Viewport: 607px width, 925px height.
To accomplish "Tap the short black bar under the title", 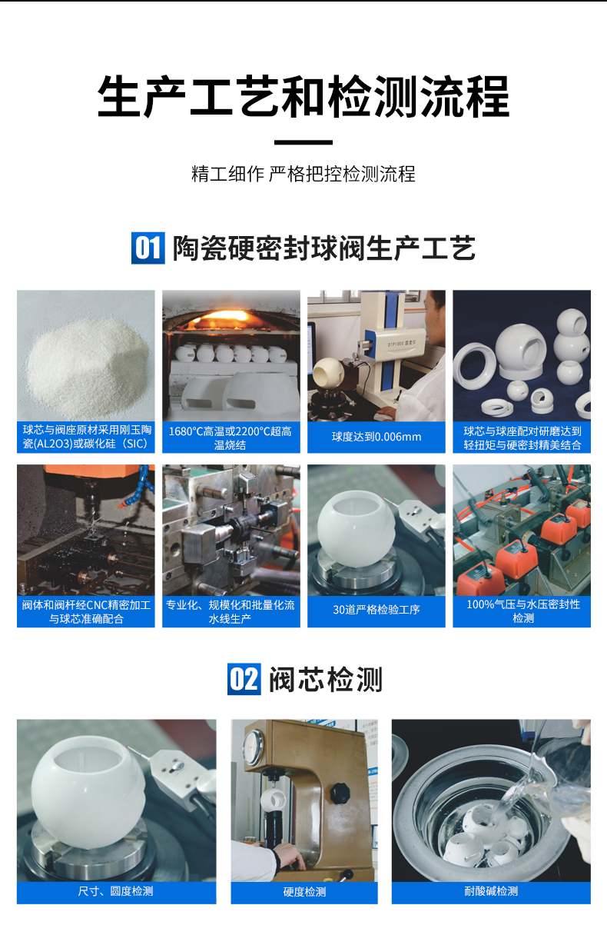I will tap(303, 142).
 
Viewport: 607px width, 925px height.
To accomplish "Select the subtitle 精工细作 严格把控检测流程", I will tap(303, 174).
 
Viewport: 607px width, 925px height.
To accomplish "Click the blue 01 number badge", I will tap(148, 248).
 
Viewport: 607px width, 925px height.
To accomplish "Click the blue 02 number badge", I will tap(244, 679).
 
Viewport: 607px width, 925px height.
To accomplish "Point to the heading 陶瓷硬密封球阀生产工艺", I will tap(323, 248).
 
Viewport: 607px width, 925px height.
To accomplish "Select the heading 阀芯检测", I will tap(325, 680).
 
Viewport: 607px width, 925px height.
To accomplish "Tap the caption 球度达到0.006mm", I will tap(376, 437).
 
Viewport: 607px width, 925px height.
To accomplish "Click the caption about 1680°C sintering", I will tap(231, 438).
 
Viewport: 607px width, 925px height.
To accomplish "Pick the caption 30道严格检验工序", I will tap(376, 610).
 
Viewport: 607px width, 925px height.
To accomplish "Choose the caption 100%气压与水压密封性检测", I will tap(522, 611).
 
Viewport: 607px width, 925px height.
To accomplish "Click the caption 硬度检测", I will tap(304, 892).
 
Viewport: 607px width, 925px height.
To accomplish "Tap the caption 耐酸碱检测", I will tap(491, 891).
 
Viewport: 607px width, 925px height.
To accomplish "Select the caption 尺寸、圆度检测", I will tap(116, 891).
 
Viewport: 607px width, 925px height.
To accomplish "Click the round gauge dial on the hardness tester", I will tap(254, 744).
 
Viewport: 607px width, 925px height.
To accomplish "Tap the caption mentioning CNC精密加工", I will tap(86, 611).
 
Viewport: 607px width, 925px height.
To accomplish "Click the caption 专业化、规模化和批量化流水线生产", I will tap(231, 611).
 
